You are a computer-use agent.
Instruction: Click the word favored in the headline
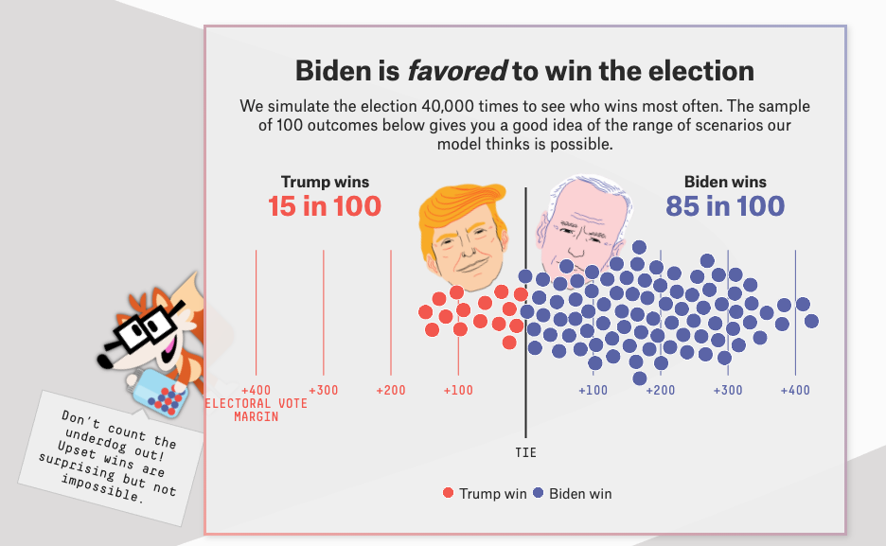click(456, 71)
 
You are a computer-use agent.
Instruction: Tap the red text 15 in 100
click(325, 206)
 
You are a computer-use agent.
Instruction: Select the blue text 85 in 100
click(725, 206)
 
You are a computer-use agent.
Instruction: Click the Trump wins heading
click(325, 182)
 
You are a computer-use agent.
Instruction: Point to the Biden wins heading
click(725, 182)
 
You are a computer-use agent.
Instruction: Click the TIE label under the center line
click(525, 452)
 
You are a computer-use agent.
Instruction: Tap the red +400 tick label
click(256, 390)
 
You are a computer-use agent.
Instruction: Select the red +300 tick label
click(324, 390)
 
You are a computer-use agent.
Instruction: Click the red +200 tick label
click(391, 390)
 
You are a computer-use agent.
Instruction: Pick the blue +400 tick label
click(795, 390)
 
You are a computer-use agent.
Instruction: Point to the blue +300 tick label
click(728, 390)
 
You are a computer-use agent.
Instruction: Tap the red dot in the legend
click(449, 493)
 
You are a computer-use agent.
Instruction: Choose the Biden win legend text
click(580, 493)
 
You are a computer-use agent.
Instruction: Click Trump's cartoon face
click(464, 246)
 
